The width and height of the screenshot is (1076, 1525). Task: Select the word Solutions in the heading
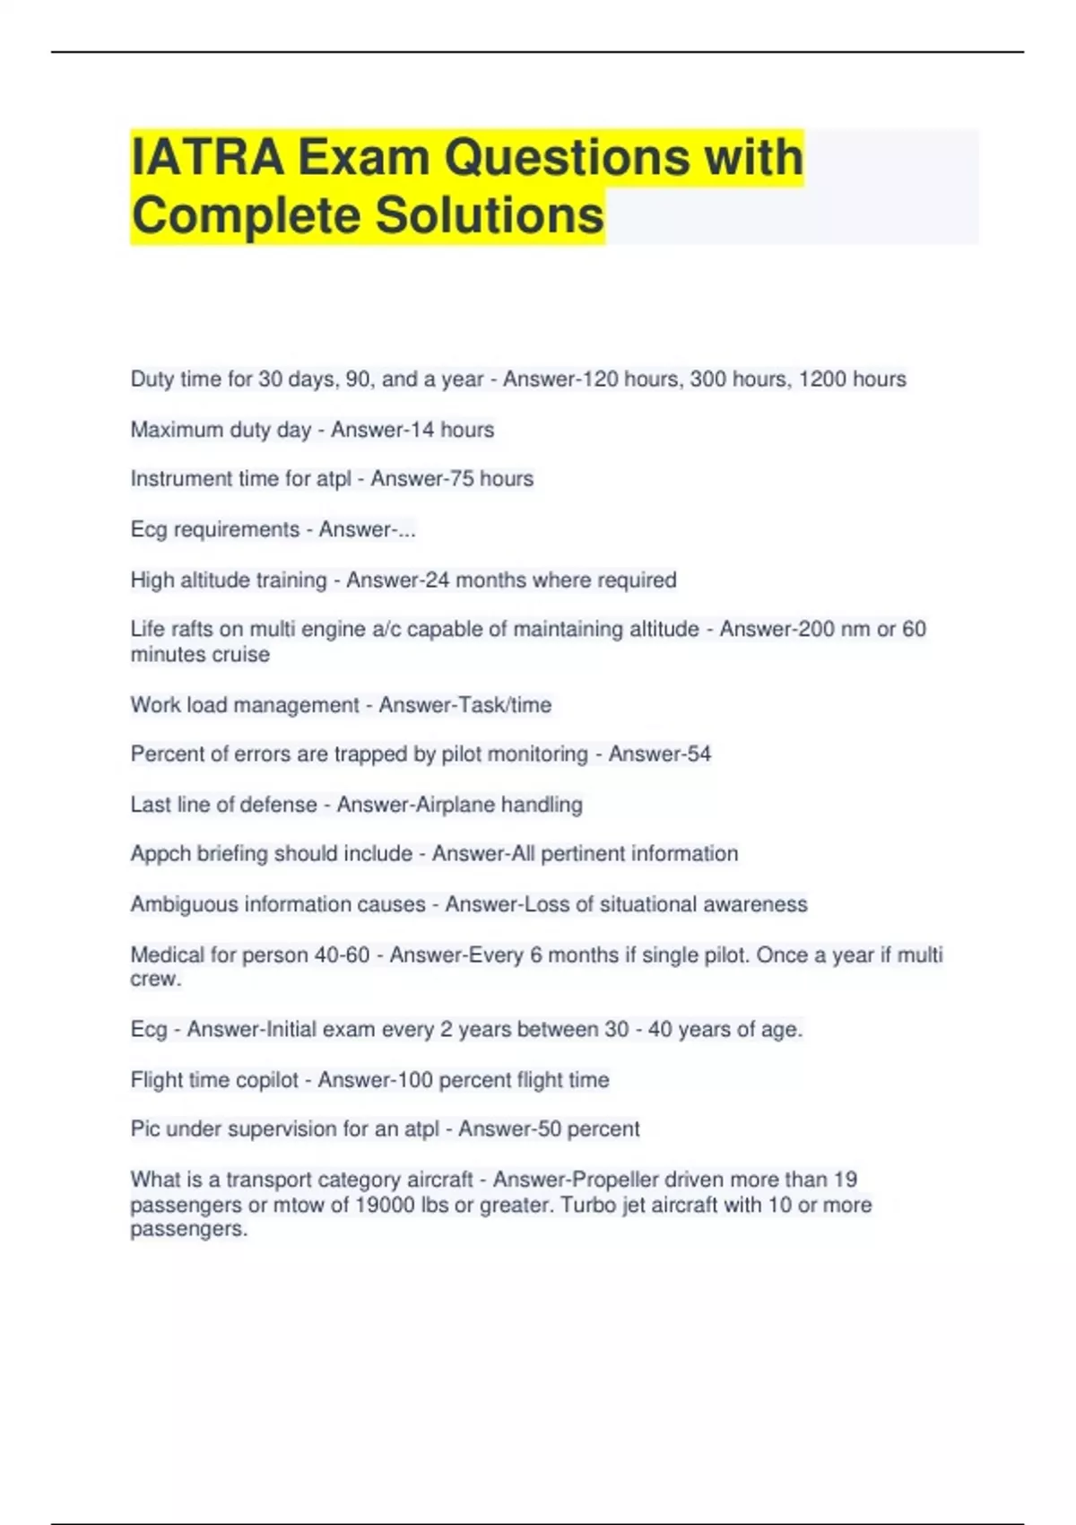(x=489, y=216)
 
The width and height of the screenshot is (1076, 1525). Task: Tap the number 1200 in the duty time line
(x=822, y=379)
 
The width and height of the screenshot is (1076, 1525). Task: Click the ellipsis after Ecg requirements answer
(x=406, y=530)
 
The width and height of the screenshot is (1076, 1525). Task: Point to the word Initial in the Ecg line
(x=290, y=1029)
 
